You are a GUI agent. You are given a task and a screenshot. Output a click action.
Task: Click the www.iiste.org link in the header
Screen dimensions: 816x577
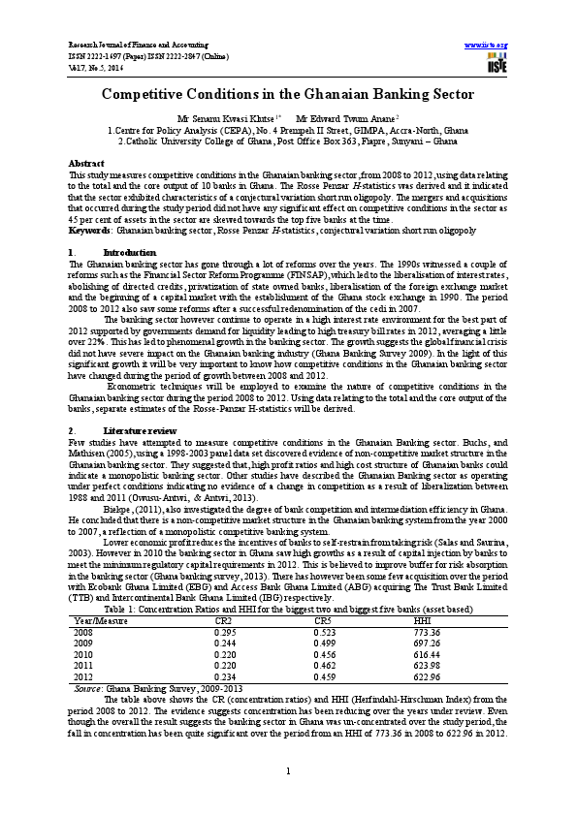[486, 46]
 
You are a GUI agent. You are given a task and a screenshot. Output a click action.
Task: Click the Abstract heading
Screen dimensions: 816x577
[86, 162]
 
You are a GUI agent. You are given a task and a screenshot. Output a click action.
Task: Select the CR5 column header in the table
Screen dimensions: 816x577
[324, 592]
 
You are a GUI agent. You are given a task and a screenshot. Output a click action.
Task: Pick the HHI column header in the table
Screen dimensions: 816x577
[422, 592]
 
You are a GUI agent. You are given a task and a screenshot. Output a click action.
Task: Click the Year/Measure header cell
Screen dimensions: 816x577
[101, 592]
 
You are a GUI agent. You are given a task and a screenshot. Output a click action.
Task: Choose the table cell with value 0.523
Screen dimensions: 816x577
[326, 604]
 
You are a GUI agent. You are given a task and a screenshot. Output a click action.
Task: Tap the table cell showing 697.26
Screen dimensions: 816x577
[427, 614]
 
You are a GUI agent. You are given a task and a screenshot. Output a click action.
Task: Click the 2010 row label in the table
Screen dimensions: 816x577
[83, 626]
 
